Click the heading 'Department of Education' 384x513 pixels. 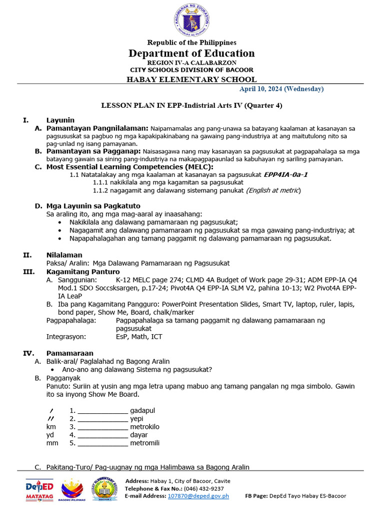pos(191,53)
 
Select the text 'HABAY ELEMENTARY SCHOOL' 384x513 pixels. pos(191,79)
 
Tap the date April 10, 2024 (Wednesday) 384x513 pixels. pos(281,89)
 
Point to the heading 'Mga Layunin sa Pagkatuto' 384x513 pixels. pos(93,206)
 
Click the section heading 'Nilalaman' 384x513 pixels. pos(64,255)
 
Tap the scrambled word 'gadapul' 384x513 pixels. pos(142,410)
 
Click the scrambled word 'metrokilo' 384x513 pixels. pos(145,427)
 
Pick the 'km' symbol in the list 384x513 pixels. pos(51,427)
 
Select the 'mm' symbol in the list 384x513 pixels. pos(52,443)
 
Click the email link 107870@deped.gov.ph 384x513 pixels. pos(198,495)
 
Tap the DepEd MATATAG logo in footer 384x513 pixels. pos(39,489)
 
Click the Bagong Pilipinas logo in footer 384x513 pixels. pos(73,489)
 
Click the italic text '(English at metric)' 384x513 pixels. pos(273,190)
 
